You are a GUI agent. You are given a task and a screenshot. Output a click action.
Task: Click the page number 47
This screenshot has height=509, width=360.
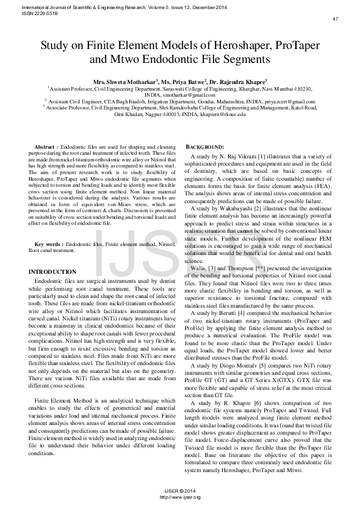(x=335, y=19)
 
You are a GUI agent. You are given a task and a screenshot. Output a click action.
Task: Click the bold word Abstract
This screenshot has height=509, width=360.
(x=45, y=148)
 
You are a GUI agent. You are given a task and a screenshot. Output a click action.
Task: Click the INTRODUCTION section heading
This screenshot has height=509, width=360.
(x=53, y=272)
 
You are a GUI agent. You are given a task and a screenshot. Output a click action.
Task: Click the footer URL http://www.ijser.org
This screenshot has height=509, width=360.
(x=180, y=497)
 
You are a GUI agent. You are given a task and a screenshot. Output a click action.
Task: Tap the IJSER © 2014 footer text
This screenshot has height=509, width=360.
(x=180, y=491)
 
